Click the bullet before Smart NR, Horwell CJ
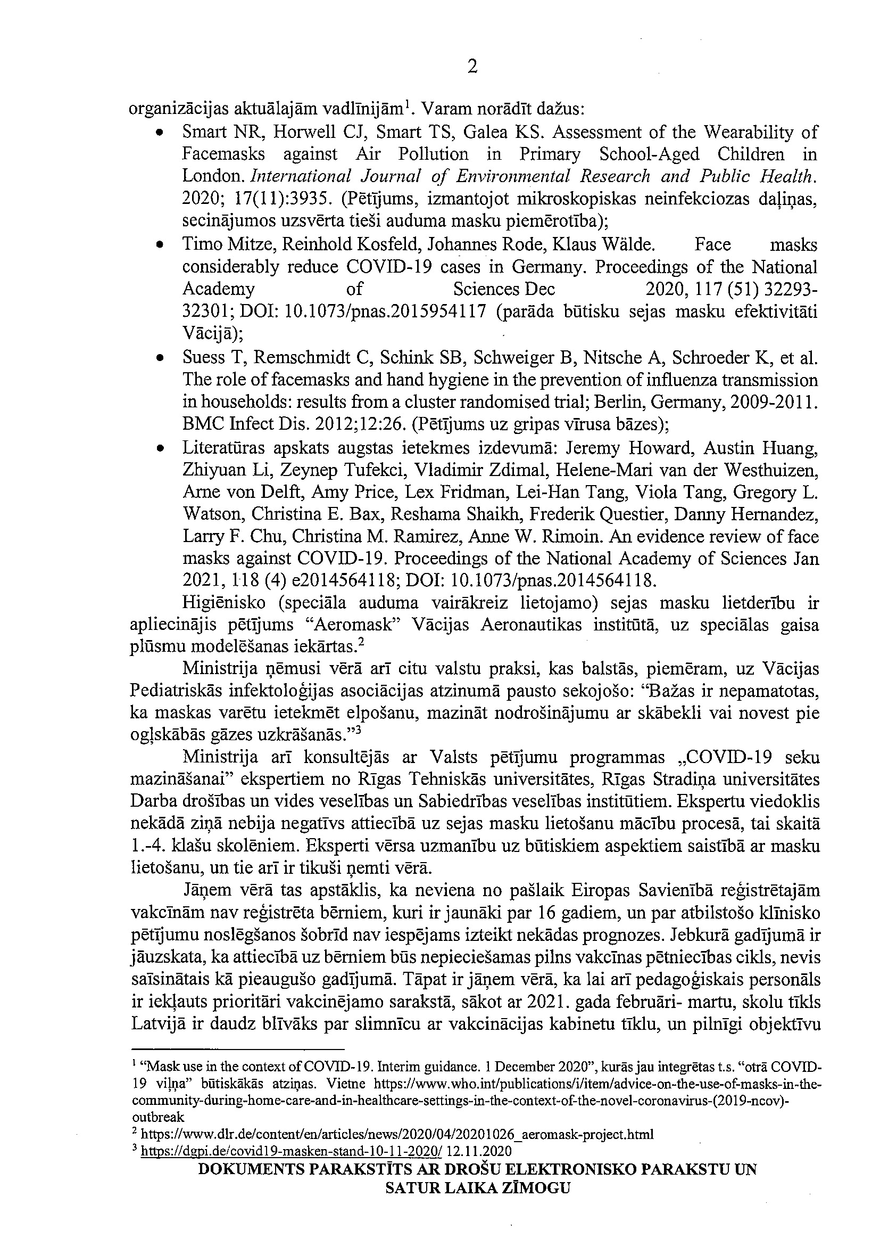coord(160,133)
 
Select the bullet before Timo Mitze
coord(160,245)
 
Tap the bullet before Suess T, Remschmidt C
coord(160,358)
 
